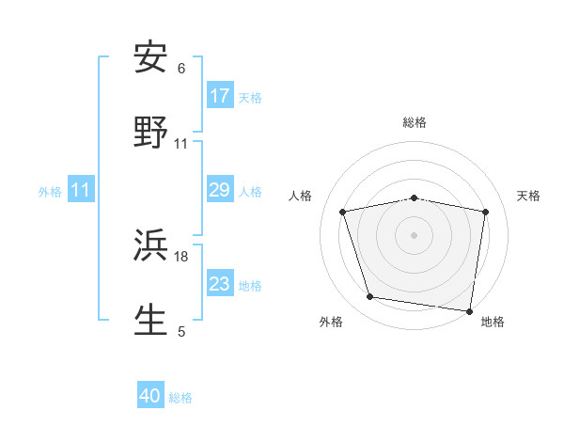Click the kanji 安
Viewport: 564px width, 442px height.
151,58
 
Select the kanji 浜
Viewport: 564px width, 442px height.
151,247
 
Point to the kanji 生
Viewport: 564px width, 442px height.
151,320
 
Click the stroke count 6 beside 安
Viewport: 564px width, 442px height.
181,68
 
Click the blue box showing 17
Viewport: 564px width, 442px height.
220,96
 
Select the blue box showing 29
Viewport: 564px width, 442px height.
220,191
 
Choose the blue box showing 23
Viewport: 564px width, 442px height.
220,284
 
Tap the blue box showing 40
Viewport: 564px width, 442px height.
150,396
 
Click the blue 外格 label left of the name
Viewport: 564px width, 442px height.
50,192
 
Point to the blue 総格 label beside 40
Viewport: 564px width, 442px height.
180,398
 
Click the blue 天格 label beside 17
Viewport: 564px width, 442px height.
250,97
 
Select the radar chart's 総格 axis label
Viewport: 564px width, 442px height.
415,122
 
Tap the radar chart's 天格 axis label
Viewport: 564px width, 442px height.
529,196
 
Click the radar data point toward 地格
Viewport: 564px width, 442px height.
469,310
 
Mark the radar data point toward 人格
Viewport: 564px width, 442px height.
343,212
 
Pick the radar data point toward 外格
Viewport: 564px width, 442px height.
370,297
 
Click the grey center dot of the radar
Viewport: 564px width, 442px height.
415,234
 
